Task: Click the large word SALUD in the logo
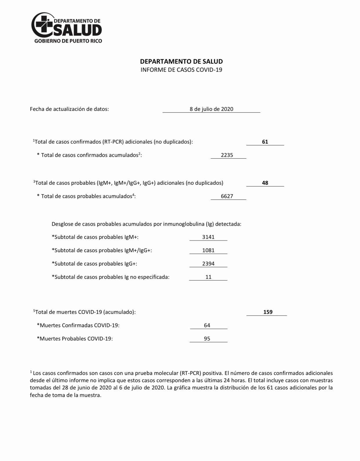[78, 30]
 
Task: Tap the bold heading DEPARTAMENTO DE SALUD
[181, 61]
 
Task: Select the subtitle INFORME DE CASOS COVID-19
[181, 70]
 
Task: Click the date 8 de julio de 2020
[211, 109]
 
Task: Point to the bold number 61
[265, 142]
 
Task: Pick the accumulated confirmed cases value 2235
[227, 155]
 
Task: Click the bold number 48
[265, 183]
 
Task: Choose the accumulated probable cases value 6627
[227, 196]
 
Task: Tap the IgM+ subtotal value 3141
[208, 237]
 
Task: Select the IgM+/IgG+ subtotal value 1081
[208, 250]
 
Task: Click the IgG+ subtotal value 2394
[208, 264]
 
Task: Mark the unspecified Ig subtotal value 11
[208, 277]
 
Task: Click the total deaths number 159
[268, 312]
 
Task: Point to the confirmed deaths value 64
[207, 325]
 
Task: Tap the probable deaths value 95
[207, 339]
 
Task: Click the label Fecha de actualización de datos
[69, 109]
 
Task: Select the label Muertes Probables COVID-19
[75, 339]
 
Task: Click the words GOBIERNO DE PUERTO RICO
[68, 41]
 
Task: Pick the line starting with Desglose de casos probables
[146, 224]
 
